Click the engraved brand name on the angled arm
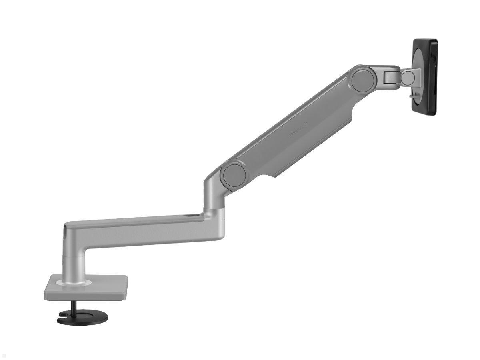coord(299,131)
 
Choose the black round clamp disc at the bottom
coord(82,318)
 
